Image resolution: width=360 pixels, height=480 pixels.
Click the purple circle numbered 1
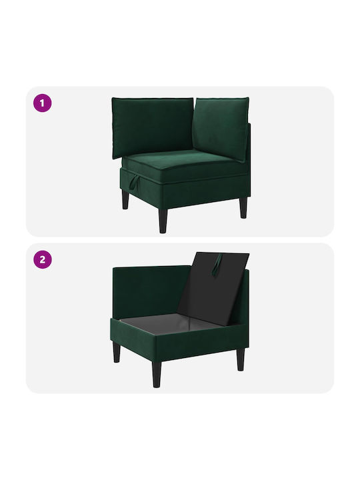[x=42, y=103]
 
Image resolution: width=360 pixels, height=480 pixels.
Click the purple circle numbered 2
[x=42, y=259]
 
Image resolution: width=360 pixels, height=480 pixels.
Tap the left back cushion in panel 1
[x=153, y=127]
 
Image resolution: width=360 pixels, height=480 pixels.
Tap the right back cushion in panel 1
[x=221, y=128]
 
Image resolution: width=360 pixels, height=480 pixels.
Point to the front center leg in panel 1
[x=163, y=221]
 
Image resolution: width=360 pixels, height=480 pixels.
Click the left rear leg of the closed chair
[x=125, y=199]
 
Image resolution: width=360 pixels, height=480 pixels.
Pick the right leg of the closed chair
[x=243, y=207]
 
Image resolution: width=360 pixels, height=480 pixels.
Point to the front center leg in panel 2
[x=157, y=375]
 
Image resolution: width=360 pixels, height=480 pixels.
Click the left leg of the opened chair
[x=117, y=352]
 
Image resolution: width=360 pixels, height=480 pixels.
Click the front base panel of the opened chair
[x=201, y=343]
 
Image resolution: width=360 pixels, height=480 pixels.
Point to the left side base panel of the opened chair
[x=133, y=341]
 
